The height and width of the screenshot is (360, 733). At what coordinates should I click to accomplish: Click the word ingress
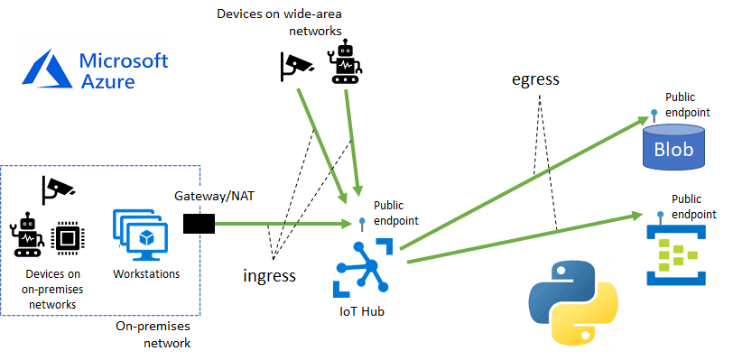pos(269,275)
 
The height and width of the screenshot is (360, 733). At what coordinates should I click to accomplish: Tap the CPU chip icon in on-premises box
pos(65,238)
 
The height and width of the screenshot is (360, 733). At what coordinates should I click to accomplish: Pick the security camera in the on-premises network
pos(58,188)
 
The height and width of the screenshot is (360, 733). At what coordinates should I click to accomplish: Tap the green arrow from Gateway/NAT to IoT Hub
pos(280,224)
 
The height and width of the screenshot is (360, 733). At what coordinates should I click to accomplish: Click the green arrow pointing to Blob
pos(524,180)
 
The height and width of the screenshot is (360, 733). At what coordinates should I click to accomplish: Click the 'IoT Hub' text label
pos(362,315)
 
